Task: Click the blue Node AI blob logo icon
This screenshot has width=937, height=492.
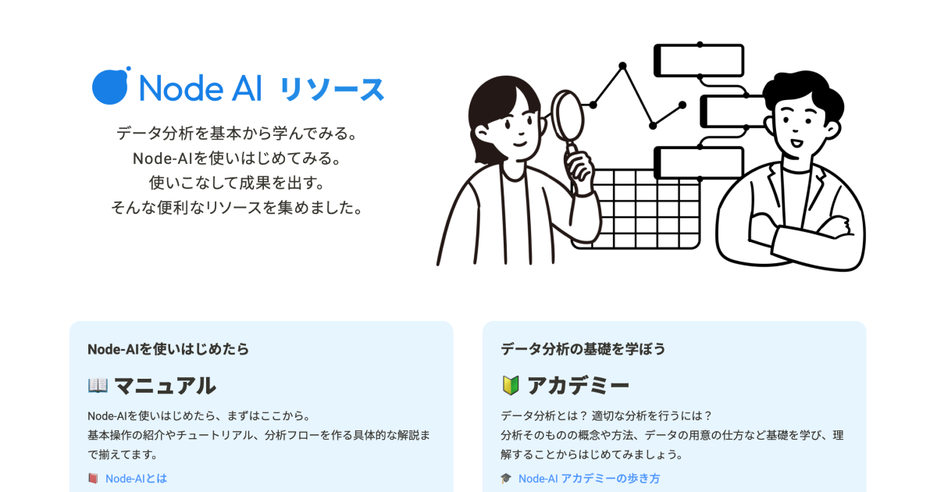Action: (x=110, y=86)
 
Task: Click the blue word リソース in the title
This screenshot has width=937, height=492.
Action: (x=332, y=89)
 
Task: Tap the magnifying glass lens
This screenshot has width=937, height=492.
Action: (x=567, y=116)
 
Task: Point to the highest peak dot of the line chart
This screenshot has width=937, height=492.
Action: (x=622, y=66)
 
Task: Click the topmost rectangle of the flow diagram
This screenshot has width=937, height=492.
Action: (x=699, y=61)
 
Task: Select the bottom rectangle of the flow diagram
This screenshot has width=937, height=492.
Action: (x=699, y=162)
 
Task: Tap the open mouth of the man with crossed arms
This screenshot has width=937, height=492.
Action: (x=796, y=143)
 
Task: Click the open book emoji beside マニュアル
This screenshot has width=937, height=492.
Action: (x=98, y=385)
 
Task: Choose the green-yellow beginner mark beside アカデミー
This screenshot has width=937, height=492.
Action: (x=511, y=385)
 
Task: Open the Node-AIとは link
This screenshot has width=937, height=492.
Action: (x=136, y=478)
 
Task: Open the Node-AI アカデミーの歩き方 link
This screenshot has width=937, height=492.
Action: (x=589, y=478)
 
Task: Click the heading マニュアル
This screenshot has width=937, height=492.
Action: (x=165, y=385)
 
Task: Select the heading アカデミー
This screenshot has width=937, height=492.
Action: (x=578, y=385)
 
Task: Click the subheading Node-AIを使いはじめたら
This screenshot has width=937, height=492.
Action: (x=168, y=349)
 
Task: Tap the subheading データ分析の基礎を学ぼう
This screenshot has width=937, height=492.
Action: (x=583, y=349)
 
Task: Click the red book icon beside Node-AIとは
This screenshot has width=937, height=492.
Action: (x=93, y=478)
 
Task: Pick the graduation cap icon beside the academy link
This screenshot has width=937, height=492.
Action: (x=506, y=478)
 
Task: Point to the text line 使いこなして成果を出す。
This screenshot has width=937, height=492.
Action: (x=237, y=183)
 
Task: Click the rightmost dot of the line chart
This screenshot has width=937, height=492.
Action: (x=682, y=105)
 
